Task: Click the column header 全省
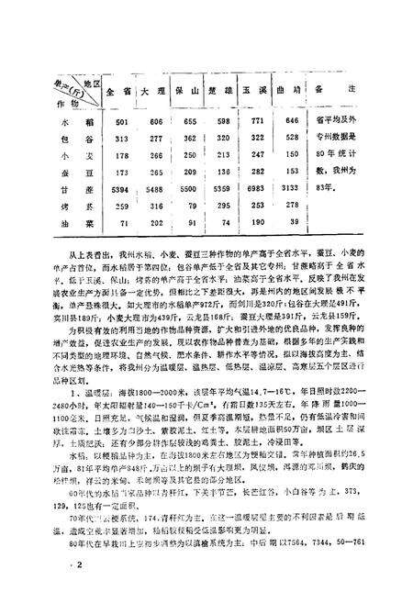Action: point(118,93)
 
